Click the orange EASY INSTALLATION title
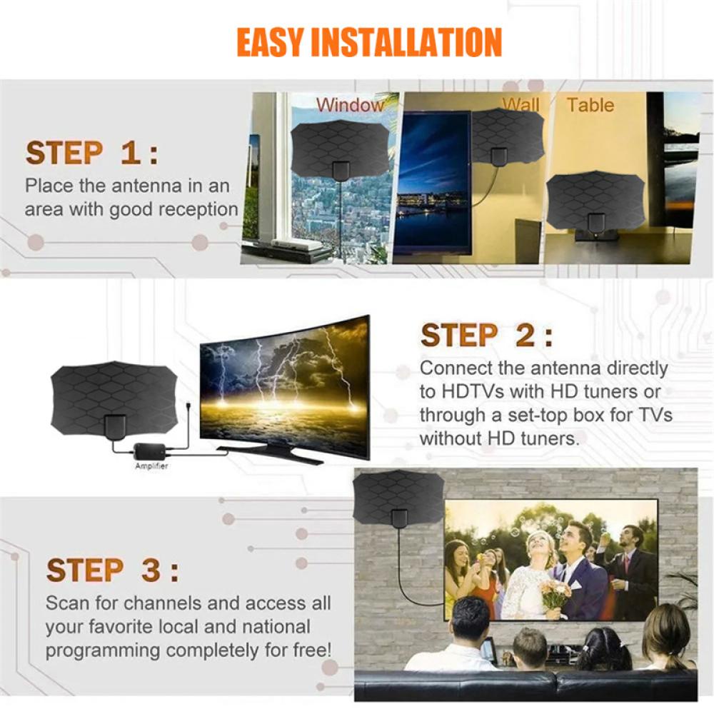coord(369,43)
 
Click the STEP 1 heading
coord(91,154)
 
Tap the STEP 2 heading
coord(486,336)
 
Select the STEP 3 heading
coord(112,570)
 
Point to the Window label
coord(350,105)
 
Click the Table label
coord(590,105)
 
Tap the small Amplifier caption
coord(151,466)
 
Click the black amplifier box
coord(151,451)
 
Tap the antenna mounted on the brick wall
coord(399,500)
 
